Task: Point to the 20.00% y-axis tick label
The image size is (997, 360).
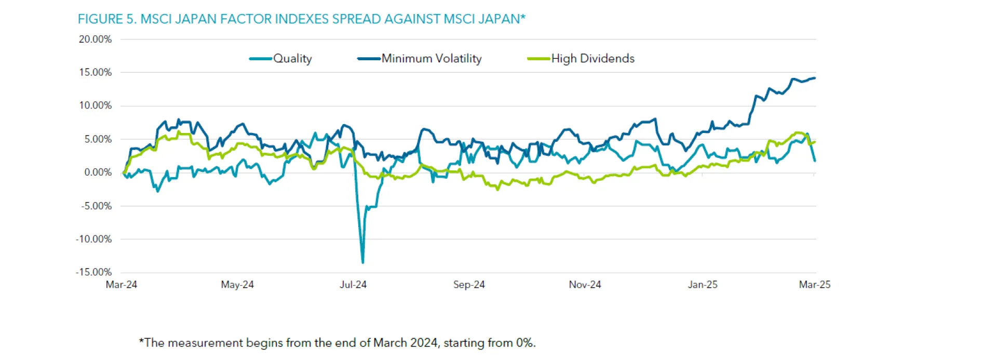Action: coord(95,39)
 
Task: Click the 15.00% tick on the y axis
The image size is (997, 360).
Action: coord(95,73)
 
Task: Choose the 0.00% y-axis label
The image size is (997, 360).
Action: coord(98,172)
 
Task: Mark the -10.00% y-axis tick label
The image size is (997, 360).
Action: coord(93,239)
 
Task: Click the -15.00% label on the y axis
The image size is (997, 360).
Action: coord(93,272)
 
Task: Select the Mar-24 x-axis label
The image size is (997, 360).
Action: coord(122,285)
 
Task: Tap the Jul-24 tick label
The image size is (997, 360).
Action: coord(353,285)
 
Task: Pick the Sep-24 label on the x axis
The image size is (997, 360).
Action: coord(469,285)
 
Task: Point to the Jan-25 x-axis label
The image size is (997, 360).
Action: coord(703,285)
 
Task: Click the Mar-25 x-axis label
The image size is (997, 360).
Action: coord(815,285)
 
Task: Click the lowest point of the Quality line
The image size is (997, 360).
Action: coord(362,262)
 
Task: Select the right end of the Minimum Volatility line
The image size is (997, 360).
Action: coord(815,78)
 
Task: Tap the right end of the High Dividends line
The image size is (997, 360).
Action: coord(815,142)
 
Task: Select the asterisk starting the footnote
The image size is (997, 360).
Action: coord(141,341)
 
